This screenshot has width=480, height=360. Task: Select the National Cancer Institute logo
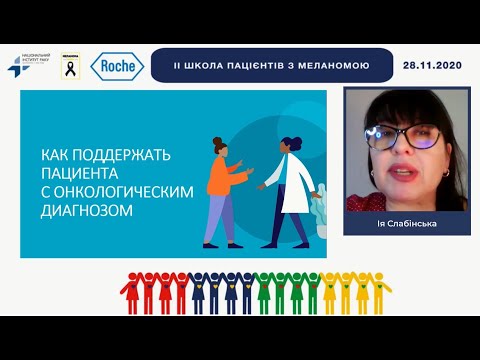(27, 66)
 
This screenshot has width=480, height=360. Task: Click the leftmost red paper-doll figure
(128, 288)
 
